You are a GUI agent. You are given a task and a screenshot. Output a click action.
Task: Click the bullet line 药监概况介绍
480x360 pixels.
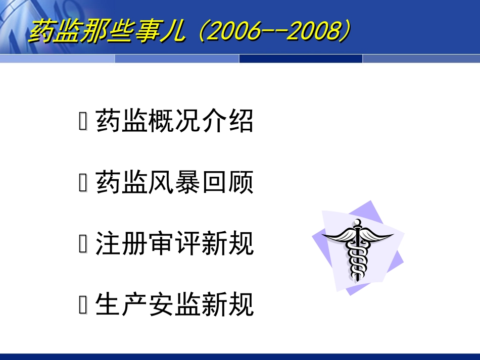[174, 122]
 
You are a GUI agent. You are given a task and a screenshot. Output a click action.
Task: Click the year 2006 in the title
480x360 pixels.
[230, 32]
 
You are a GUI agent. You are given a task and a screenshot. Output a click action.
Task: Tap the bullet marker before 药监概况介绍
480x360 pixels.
[83, 123]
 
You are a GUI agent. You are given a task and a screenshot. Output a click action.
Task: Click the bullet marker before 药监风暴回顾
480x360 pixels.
[83, 184]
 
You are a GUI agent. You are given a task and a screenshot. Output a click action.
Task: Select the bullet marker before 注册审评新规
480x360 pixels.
[83, 245]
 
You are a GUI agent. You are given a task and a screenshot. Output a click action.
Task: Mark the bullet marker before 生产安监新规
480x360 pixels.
[83, 306]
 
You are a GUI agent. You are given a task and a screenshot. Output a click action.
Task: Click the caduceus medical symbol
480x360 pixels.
[358, 247]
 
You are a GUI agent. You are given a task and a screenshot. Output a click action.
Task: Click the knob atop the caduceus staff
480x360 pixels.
[358, 222]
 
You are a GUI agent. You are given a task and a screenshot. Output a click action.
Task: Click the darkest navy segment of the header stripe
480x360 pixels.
[301, 59]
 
